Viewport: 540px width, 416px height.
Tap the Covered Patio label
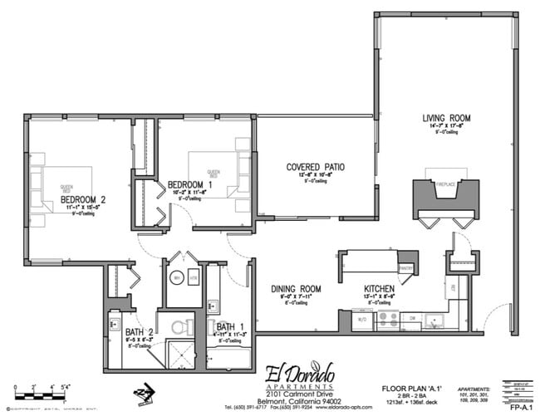pyautogui.click(x=315, y=167)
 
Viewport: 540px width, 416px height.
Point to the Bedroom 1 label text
pyautogui.click(x=190, y=184)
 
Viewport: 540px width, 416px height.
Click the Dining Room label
pyautogui.click(x=296, y=291)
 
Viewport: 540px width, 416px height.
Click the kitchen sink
pyautogui.click(x=435, y=319)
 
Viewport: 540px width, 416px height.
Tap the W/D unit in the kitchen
pyautogui.click(x=362, y=317)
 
